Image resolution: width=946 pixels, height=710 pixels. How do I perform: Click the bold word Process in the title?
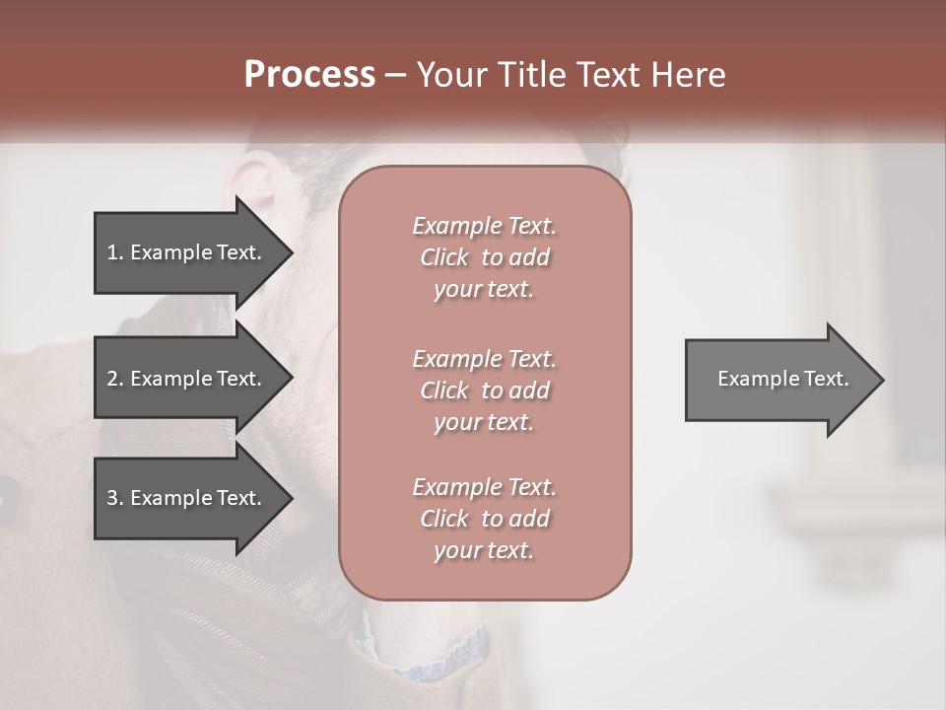click(x=309, y=75)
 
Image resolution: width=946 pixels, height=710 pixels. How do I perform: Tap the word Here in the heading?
click(x=685, y=75)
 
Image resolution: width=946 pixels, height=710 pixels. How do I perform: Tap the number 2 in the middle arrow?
click(x=111, y=379)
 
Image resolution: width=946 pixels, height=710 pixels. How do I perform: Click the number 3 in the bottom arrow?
click(x=111, y=498)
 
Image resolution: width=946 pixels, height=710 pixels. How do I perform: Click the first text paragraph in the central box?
click(x=484, y=257)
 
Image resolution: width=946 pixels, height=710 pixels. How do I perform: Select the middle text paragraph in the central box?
click(x=484, y=390)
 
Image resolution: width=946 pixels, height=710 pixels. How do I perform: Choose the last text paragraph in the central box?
click(x=484, y=519)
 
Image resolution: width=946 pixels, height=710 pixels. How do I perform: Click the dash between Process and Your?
click(x=395, y=75)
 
